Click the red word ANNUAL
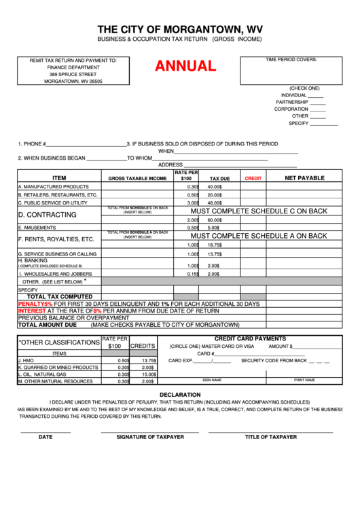185,67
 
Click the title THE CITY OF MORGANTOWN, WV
179,29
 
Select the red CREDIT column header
253,178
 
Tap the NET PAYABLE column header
304,178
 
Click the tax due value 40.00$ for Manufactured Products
215,186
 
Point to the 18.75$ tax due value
215,245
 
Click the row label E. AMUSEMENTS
38,228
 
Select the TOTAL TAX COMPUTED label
59,296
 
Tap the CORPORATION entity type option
291,109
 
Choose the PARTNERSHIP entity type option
292,102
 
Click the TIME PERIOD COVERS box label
291,60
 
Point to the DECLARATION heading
180,394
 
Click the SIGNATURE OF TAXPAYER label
149,437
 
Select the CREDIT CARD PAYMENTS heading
250,338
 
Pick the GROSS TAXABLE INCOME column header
137,178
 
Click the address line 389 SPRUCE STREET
73,74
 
